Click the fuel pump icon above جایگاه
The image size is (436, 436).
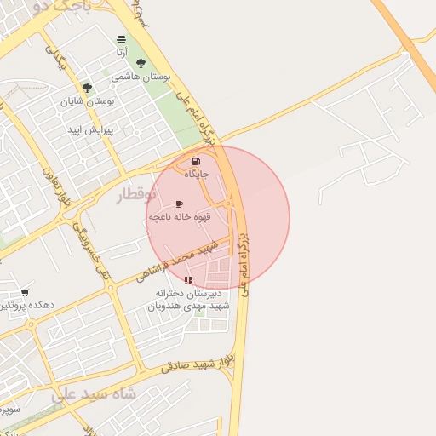(197, 161)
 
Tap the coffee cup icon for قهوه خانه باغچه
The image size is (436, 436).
(179, 204)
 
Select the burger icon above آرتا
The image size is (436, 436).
(121, 40)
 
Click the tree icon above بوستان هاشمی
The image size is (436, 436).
(141, 64)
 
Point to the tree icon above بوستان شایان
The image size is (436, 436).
(87, 88)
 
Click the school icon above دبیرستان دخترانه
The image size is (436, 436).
(188, 280)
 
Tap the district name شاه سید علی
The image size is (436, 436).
(94, 395)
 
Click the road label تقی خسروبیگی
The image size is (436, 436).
(92, 249)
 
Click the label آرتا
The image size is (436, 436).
(122, 53)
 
